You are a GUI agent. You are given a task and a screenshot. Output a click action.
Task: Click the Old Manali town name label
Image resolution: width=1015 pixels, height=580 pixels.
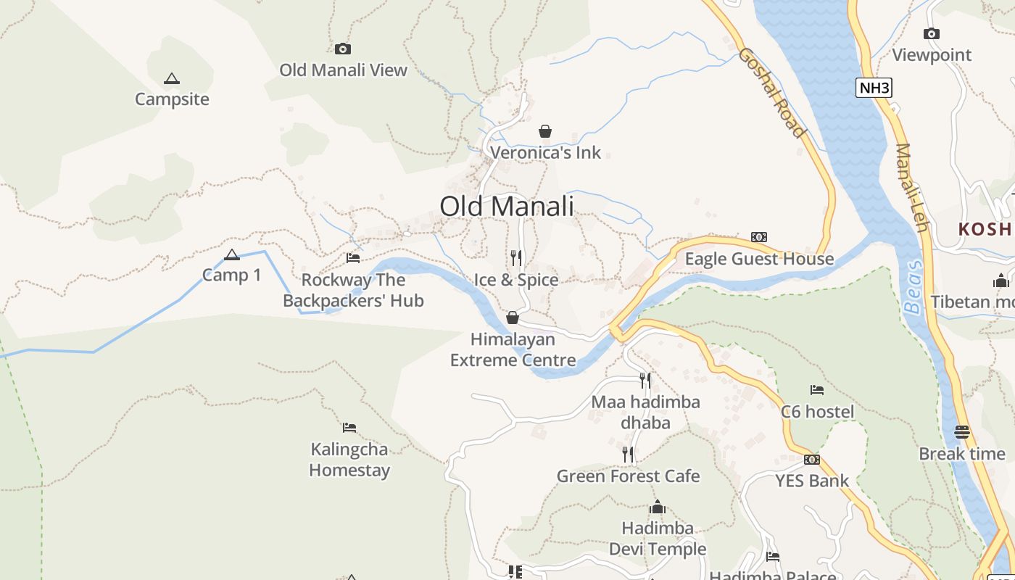point(506,206)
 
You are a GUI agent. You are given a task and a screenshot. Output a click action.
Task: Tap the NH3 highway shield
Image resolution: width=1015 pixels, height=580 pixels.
point(873,88)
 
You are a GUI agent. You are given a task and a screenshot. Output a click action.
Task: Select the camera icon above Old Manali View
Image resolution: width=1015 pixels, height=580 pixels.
point(343,49)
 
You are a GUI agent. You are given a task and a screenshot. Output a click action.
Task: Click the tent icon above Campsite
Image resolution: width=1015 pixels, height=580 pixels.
point(172,78)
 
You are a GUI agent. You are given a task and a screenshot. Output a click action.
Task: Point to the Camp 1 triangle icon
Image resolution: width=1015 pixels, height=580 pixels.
point(232,254)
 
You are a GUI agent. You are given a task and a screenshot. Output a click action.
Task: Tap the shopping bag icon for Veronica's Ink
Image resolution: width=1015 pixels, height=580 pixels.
point(545,131)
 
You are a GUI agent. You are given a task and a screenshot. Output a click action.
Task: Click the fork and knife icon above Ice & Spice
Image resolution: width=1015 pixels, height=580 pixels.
point(516,257)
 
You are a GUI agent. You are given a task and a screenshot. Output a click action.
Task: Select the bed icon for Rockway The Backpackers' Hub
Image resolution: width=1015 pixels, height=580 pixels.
point(353,257)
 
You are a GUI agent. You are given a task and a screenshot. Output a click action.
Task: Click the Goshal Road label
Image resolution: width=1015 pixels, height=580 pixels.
point(772,92)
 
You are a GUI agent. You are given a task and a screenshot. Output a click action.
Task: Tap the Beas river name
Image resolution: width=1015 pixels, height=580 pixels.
point(913,286)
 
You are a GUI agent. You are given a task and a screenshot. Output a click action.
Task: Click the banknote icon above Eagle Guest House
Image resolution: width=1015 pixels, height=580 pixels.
point(759,237)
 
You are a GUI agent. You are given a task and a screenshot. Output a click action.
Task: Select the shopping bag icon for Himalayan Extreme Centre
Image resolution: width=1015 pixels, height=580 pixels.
point(513,318)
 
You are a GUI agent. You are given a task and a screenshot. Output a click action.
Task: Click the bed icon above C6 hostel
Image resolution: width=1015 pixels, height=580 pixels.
point(817,390)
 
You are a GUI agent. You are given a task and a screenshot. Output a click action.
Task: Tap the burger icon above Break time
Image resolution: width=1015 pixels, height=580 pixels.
point(962,432)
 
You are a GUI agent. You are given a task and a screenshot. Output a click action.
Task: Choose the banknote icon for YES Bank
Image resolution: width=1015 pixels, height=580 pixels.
point(812,459)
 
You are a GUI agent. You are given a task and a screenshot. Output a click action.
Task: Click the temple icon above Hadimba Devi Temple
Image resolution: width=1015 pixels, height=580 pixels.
point(658,506)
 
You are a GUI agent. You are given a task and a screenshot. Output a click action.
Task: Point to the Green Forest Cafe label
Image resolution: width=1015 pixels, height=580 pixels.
point(628,476)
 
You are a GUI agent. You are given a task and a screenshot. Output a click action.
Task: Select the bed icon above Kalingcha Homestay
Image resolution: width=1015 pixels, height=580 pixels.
point(349,427)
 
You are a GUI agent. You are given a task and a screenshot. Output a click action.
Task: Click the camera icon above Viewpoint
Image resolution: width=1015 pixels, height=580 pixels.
point(932,33)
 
